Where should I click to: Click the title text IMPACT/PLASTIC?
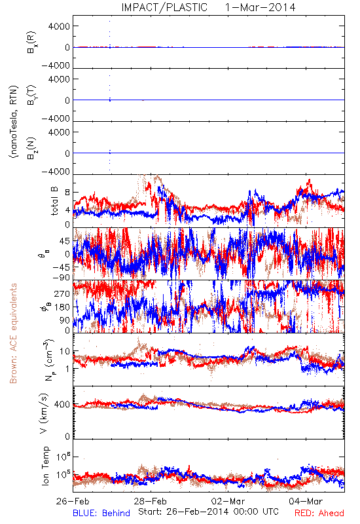[x=164, y=7]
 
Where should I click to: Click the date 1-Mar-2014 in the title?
[x=260, y=7]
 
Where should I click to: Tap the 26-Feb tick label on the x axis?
[x=73, y=501]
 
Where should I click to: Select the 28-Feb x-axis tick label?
[x=151, y=501]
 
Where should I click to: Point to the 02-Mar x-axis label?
[x=228, y=501]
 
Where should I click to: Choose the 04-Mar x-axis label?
[x=306, y=501]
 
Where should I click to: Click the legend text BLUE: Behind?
[x=101, y=513]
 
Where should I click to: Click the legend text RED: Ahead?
[x=319, y=513]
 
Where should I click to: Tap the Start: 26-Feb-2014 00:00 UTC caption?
[x=208, y=512]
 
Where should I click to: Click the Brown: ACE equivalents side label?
[x=13, y=333]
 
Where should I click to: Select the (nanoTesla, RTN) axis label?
[x=14, y=122]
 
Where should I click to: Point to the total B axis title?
[x=54, y=200]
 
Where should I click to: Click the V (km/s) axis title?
[x=44, y=413]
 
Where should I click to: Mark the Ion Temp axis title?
[x=45, y=466]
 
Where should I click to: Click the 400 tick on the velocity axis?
[x=62, y=404]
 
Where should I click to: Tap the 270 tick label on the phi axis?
[x=62, y=293]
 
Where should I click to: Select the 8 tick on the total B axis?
[x=68, y=193]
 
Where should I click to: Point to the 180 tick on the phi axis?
[x=62, y=307]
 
